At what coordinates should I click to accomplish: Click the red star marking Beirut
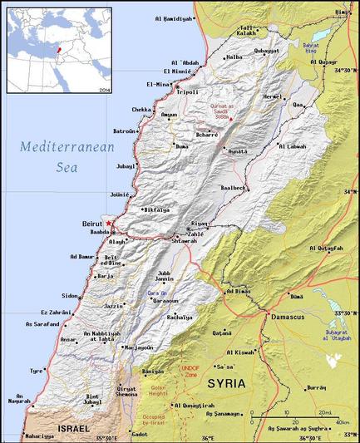click(110, 224)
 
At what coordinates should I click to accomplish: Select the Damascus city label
click(286, 317)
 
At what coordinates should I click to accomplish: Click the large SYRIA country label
click(227, 383)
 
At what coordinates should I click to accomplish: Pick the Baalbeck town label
click(234, 188)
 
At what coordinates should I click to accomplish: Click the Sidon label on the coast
click(69, 296)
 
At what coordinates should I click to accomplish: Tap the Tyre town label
click(36, 371)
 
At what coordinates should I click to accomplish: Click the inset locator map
click(59, 50)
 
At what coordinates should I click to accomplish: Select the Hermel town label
click(272, 96)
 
